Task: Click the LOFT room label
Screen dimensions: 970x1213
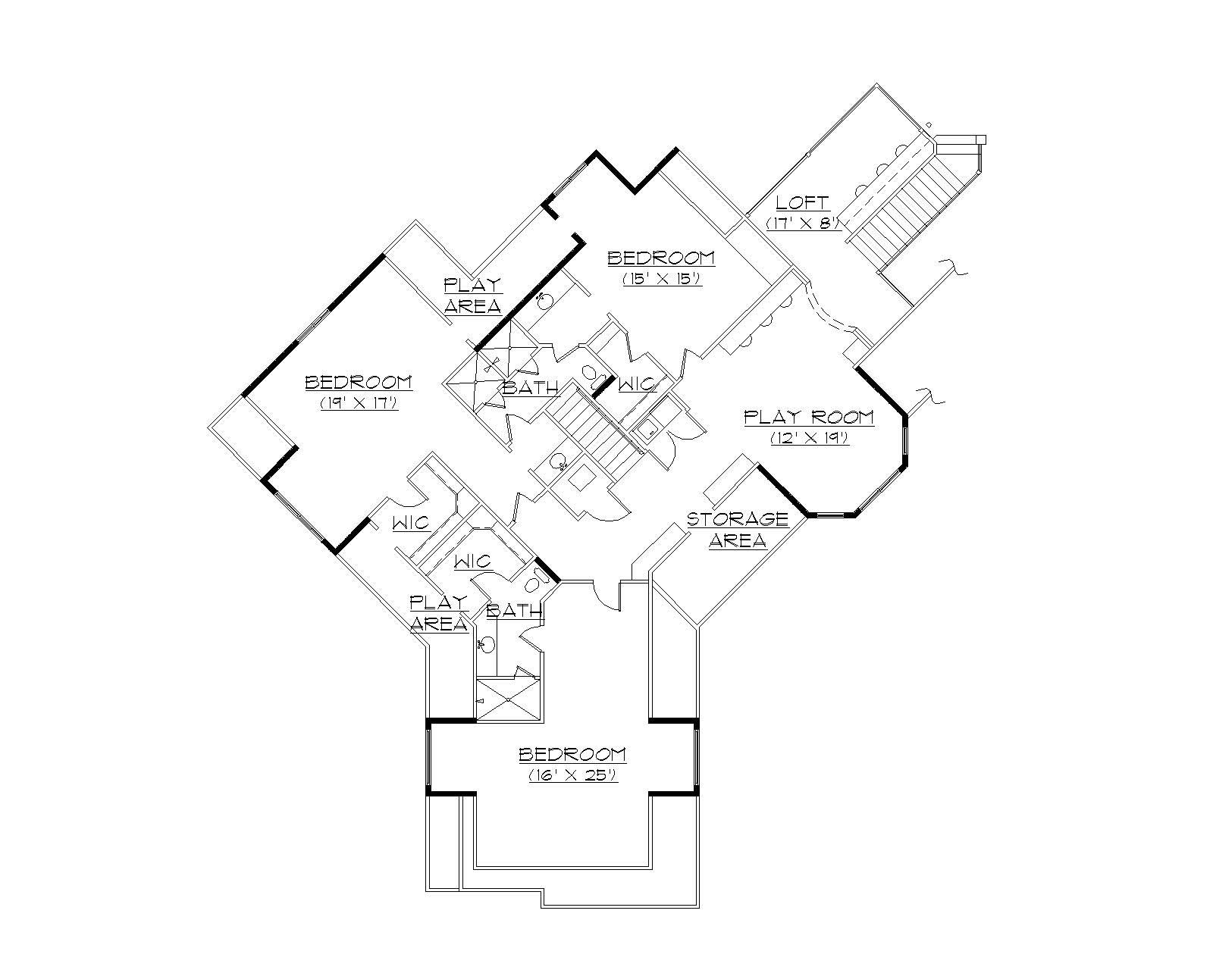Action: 803,203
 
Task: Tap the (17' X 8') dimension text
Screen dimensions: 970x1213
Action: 803,223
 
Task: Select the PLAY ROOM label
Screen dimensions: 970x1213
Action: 808,418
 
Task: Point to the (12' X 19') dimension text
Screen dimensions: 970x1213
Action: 809,438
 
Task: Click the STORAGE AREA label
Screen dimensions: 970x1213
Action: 737,530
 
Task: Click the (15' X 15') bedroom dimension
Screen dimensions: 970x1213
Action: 661,278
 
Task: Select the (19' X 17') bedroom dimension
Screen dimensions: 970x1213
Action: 359,403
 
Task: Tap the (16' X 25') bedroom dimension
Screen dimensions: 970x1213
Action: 573,775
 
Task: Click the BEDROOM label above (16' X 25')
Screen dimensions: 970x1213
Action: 573,755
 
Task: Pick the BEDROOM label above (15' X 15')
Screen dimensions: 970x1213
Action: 661,258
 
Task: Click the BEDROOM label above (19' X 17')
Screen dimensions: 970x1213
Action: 359,383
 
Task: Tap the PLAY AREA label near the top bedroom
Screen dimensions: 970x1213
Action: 472,296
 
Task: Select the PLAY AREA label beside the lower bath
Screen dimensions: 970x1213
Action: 439,613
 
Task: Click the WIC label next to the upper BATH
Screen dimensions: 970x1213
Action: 636,385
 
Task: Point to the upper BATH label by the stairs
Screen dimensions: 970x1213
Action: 531,388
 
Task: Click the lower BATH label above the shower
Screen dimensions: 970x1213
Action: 515,611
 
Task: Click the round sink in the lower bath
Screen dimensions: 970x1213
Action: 487,646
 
